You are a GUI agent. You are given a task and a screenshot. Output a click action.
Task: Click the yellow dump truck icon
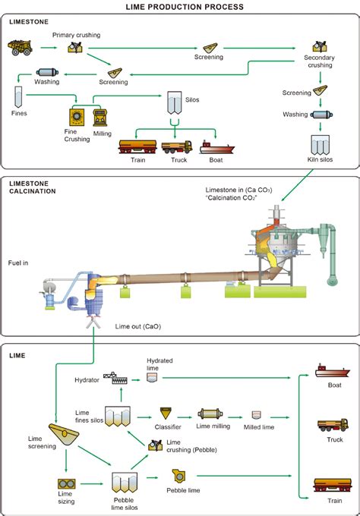point(20,47)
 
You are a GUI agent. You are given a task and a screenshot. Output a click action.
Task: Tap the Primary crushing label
point(76,35)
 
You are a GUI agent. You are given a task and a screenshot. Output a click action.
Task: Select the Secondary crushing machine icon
point(320,46)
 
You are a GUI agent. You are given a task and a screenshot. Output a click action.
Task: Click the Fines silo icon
point(18,97)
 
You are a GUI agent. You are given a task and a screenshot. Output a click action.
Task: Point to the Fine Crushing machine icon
point(77,117)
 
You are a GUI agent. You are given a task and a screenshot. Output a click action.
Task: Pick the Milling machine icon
point(99,118)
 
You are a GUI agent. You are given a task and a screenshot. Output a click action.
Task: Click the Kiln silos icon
point(321,145)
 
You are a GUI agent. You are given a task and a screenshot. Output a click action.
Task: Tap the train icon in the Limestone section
point(137,146)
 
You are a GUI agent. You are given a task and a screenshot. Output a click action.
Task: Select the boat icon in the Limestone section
point(216,148)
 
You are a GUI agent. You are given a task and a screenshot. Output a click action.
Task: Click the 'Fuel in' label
point(18,263)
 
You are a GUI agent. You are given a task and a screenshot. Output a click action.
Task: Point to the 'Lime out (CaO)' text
point(138,326)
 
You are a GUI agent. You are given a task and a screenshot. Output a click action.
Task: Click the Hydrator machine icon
point(115,378)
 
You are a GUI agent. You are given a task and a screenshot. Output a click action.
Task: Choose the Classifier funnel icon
point(166,414)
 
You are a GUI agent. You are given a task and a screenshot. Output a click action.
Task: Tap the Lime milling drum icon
point(210,414)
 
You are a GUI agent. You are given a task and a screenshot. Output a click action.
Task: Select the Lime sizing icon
point(67,484)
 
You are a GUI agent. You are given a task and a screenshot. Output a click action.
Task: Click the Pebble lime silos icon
point(124,483)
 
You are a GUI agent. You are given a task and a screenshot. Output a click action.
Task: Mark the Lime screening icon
point(64,435)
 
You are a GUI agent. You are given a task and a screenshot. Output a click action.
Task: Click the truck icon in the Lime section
point(333,425)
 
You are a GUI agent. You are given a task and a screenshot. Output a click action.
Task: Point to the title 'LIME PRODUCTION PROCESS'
point(185,7)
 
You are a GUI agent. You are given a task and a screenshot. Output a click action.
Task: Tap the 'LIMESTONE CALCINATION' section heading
point(32,187)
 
